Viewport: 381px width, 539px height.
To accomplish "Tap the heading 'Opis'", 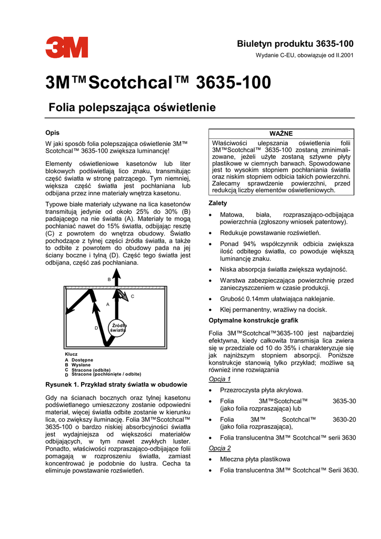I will [52, 133].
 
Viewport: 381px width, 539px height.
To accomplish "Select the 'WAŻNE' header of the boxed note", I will [282, 133].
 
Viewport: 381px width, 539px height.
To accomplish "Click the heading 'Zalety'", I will [218, 203].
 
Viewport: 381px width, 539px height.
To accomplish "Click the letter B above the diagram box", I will [109, 279].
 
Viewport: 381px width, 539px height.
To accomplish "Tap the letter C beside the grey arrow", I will [133, 297].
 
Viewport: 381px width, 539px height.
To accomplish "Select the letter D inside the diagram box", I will [96, 328].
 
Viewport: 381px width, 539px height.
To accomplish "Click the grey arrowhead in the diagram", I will [122, 295].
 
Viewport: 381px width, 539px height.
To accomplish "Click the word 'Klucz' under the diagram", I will [71, 354].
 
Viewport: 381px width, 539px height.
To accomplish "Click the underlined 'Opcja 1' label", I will [220, 379].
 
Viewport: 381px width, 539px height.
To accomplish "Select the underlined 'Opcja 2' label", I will [220, 448].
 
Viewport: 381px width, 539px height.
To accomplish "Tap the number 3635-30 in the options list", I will [345, 401].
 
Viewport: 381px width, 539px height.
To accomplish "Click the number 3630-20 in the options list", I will [345, 419].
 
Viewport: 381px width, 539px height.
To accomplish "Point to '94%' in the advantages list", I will [248, 244].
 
